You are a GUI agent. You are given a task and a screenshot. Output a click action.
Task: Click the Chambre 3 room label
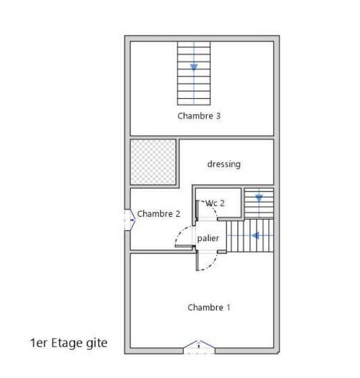[198, 116]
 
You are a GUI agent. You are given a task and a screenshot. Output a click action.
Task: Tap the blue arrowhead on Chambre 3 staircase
[194, 67]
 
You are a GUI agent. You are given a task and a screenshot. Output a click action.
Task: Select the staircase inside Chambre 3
[194, 73]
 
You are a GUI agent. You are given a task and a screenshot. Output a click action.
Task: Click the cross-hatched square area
[153, 162]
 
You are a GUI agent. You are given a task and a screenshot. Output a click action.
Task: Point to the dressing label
[224, 164]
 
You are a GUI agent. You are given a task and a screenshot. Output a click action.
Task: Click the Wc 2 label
[215, 203]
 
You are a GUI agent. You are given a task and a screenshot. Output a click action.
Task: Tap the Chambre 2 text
[158, 214]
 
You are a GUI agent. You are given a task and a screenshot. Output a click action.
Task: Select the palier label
[208, 238]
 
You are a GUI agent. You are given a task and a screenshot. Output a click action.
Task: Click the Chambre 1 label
[208, 308]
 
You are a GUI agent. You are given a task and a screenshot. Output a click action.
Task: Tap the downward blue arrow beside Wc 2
[259, 198]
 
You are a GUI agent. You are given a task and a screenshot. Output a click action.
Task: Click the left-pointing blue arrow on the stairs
[255, 236]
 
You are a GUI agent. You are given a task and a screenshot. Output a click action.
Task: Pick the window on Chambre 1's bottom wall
[199, 347]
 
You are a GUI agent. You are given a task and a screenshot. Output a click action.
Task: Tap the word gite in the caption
[96, 343]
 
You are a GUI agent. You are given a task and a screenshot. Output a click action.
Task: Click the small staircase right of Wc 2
[259, 203]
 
